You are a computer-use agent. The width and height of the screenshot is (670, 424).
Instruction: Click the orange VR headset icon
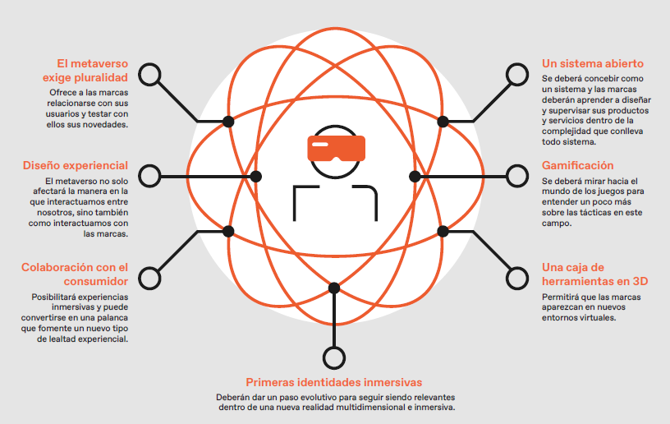tap(337, 148)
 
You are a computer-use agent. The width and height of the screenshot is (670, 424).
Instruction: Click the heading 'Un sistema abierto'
tap(593, 64)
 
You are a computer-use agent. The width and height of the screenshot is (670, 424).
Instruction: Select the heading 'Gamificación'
tap(578, 165)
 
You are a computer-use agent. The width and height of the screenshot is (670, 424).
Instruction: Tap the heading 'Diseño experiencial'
tap(76, 165)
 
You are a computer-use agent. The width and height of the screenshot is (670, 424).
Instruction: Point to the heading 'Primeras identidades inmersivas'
tap(333, 382)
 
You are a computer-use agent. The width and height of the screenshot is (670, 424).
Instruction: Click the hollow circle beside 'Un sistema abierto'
tap(517, 75)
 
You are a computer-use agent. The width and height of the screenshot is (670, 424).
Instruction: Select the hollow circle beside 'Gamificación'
tap(517, 176)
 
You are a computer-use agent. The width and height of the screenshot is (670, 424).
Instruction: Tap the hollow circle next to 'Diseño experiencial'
tap(150, 176)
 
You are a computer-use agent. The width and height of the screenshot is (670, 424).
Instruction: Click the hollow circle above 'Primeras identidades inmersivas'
tap(334, 357)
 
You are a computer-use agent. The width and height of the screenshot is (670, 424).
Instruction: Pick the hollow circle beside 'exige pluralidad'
tap(150, 75)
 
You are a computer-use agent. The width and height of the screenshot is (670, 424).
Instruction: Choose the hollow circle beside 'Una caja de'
tap(517, 279)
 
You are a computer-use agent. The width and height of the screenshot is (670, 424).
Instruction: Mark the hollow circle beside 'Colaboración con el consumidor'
tap(150, 279)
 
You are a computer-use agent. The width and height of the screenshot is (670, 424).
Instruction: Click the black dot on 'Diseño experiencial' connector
tap(256, 176)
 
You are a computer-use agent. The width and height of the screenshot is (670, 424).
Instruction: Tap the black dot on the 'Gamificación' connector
tap(415, 176)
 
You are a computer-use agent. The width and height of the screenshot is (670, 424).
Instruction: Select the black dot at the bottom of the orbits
tap(334, 288)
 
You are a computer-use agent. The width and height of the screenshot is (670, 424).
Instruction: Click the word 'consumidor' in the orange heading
tap(96, 281)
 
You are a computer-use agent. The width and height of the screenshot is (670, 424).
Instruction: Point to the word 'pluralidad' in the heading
tap(101, 78)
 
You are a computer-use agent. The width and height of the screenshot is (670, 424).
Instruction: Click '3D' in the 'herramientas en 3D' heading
tap(640, 281)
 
